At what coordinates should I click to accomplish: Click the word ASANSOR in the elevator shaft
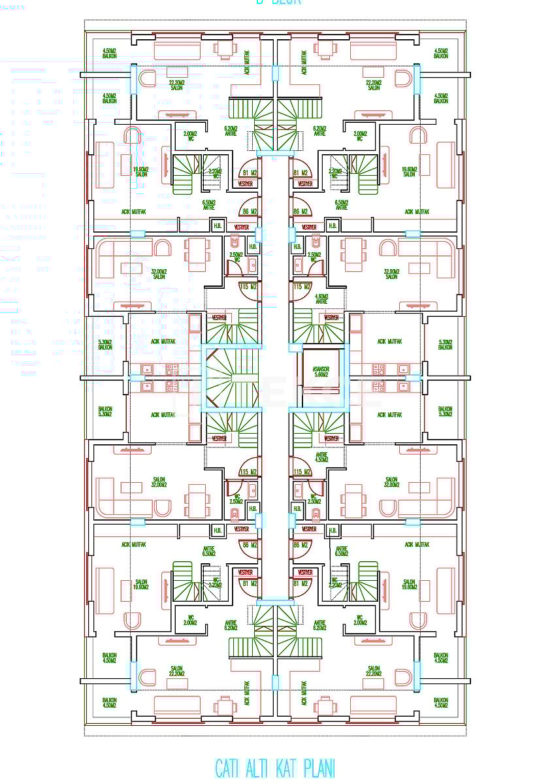pos(321,369)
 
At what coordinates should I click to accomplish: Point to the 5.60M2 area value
pos(321,375)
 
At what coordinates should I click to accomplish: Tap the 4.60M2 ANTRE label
pos(321,299)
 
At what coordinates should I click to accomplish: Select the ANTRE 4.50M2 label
pos(321,457)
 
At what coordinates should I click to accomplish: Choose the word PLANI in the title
pos(321,768)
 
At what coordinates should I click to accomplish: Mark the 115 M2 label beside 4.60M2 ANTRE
pos(301,286)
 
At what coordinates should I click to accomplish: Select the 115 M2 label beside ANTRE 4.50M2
pos(301,472)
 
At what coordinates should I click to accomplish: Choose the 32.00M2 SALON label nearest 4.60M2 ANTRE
pos(391,274)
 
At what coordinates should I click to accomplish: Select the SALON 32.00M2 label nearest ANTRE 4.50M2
pos(391,482)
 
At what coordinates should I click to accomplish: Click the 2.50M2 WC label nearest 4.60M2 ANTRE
pos(314,257)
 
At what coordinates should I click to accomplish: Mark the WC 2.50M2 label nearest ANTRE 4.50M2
pos(314,498)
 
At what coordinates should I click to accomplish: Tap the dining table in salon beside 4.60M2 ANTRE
pos(353,253)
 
